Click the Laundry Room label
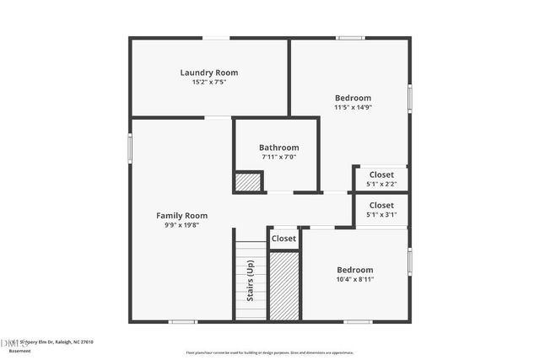(x=203, y=73)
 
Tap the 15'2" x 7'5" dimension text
(x=203, y=82)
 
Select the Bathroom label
(x=278, y=148)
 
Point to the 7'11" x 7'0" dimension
(x=278, y=157)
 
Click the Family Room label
(x=181, y=216)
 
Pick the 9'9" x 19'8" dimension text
(x=181, y=225)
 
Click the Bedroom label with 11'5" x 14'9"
(x=352, y=98)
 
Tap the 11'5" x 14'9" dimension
(x=352, y=107)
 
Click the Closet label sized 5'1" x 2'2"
(x=381, y=175)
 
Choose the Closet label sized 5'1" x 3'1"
(x=381, y=205)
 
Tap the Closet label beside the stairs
(x=284, y=239)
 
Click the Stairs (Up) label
(x=251, y=280)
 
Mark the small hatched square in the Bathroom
(x=248, y=182)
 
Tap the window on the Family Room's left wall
(x=130, y=149)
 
